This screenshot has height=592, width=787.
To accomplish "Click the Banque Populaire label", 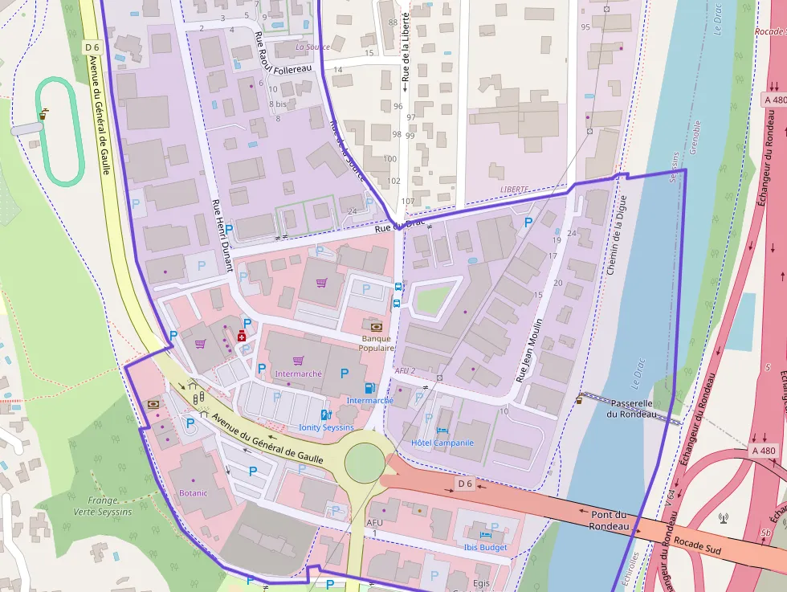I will point(376,343).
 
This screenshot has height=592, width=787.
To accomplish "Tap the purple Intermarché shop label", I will point(298,374).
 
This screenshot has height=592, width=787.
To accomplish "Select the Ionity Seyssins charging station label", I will point(326,427).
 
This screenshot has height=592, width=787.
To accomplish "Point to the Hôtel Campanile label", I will point(442,443).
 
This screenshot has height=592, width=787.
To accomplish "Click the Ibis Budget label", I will point(486,547).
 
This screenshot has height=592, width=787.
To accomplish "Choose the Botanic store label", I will point(193,492).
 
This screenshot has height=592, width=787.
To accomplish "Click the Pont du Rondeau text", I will point(608,520).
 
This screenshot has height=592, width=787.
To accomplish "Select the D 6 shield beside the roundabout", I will point(465,484).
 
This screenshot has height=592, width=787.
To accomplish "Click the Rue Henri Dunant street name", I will point(221,235).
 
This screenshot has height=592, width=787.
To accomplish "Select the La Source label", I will point(312,47).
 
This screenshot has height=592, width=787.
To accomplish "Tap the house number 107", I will point(407,201).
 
